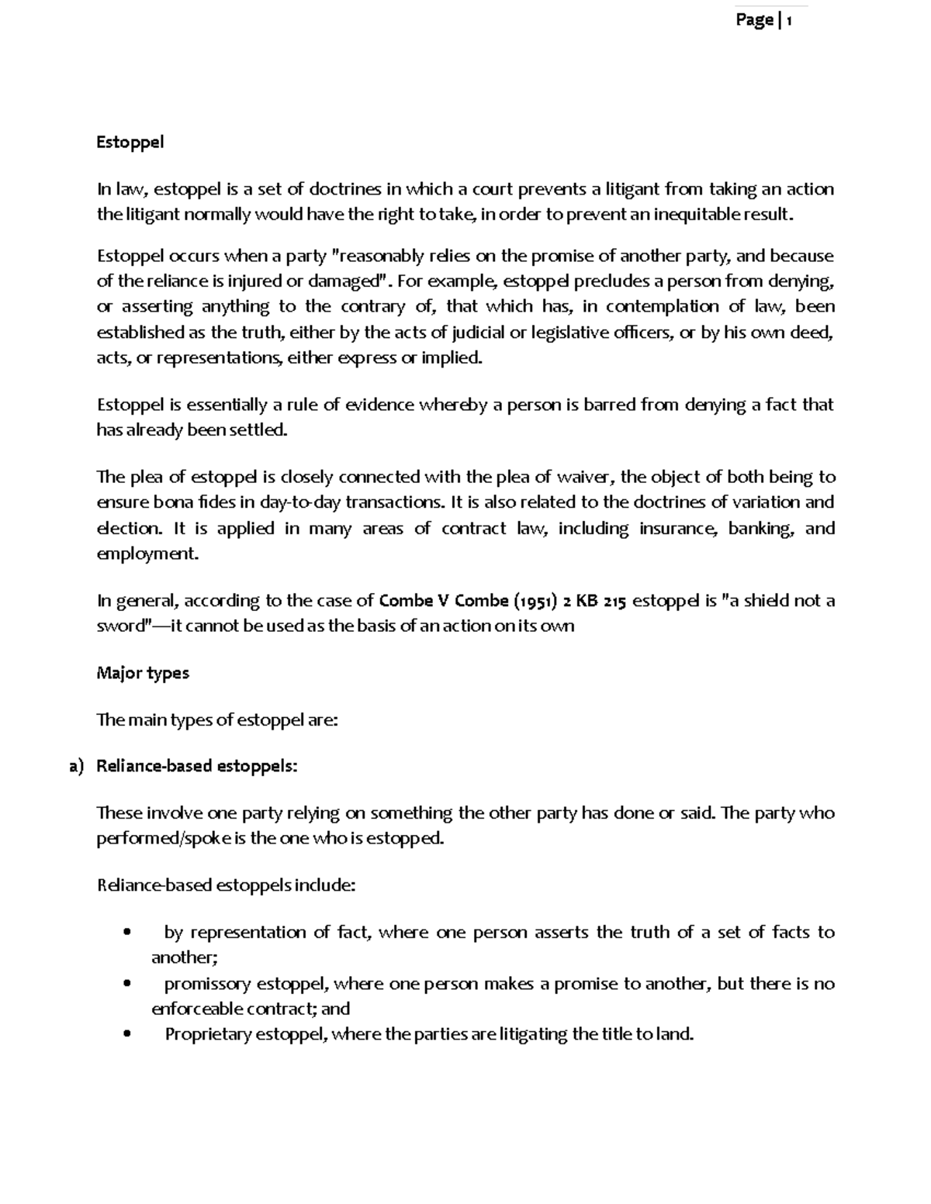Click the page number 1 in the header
(x=789, y=21)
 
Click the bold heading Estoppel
(x=130, y=143)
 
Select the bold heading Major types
(x=142, y=673)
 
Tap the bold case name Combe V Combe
(x=443, y=601)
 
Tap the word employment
(x=147, y=554)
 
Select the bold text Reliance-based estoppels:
(x=196, y=767)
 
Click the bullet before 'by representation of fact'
(x=126, y=933)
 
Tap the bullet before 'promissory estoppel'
(x=126, y=984)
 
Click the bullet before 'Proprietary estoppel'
(x=126, y=1035)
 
